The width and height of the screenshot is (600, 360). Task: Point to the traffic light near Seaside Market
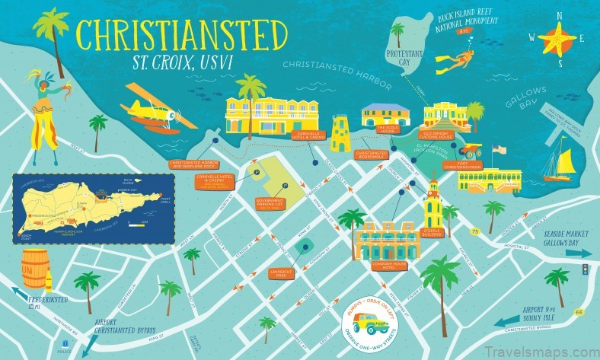584,269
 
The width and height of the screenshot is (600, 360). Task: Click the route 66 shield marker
579,291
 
